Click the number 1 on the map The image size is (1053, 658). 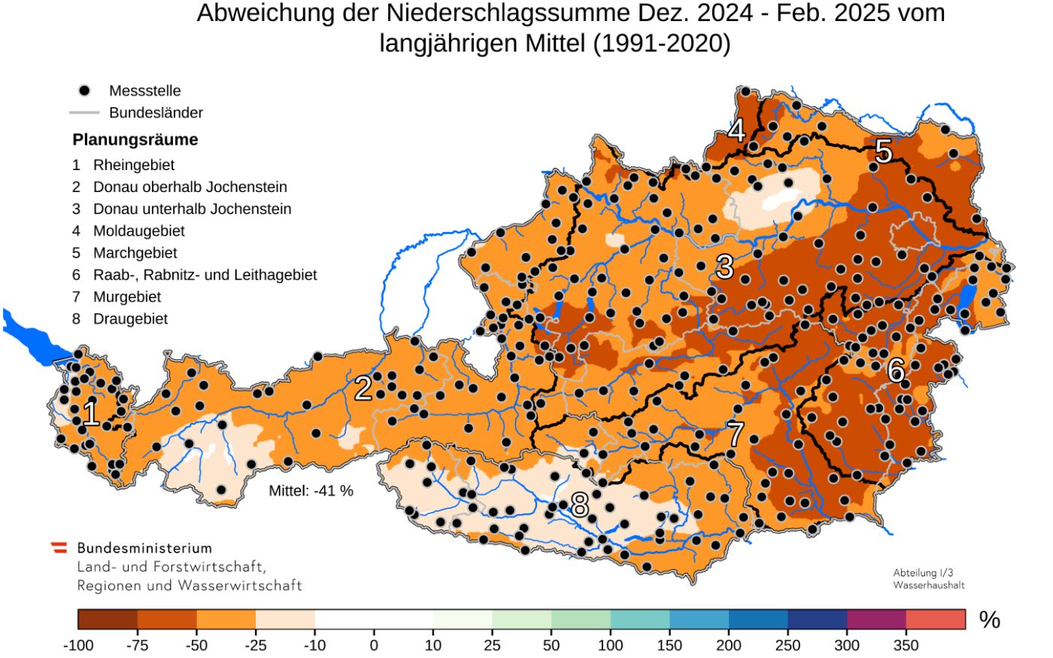coord(91,414)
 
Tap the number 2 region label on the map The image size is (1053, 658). coord(363,388)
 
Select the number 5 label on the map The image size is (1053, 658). coord(883,152)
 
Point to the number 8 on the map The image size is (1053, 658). coord(579,505)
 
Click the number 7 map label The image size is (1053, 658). coord(735,434)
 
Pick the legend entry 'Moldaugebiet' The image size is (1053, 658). coord(138,231)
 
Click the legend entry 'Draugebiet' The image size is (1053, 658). coord(130,319)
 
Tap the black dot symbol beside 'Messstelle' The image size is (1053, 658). coord(84,90)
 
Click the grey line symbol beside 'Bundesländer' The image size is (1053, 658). coord(84,113)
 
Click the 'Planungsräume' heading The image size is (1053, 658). coord(135,140)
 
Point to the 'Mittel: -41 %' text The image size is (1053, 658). coord(311,491)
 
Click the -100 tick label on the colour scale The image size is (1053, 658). coord(78,646)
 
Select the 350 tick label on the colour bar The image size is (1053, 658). coord(906,646)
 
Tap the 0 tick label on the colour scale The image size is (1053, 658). coord(374,646)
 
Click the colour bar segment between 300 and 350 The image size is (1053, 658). coord(876,620)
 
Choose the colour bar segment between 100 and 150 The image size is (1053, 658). coord(639,620)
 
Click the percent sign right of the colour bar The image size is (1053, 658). coord(989,620)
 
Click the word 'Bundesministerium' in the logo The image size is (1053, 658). coord(144,548)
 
